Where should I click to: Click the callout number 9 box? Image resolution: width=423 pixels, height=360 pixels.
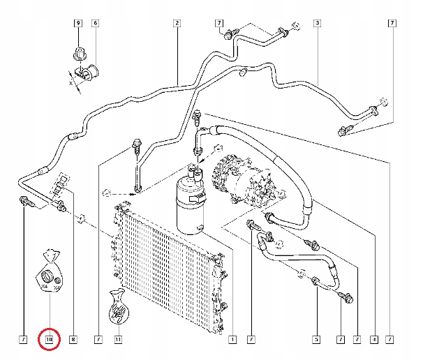tap(78, 24)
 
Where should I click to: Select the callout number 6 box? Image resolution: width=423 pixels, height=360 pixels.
tap(95, 24)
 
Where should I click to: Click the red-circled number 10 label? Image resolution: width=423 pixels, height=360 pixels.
tap(50, 340)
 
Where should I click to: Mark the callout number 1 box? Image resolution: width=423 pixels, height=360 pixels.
tap(232, 340)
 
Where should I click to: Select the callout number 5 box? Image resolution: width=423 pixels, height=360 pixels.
tap(316, 340)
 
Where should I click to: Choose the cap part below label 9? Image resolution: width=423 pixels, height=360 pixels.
tap(79, 52)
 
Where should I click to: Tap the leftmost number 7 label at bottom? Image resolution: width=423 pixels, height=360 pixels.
tap(23, 340)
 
